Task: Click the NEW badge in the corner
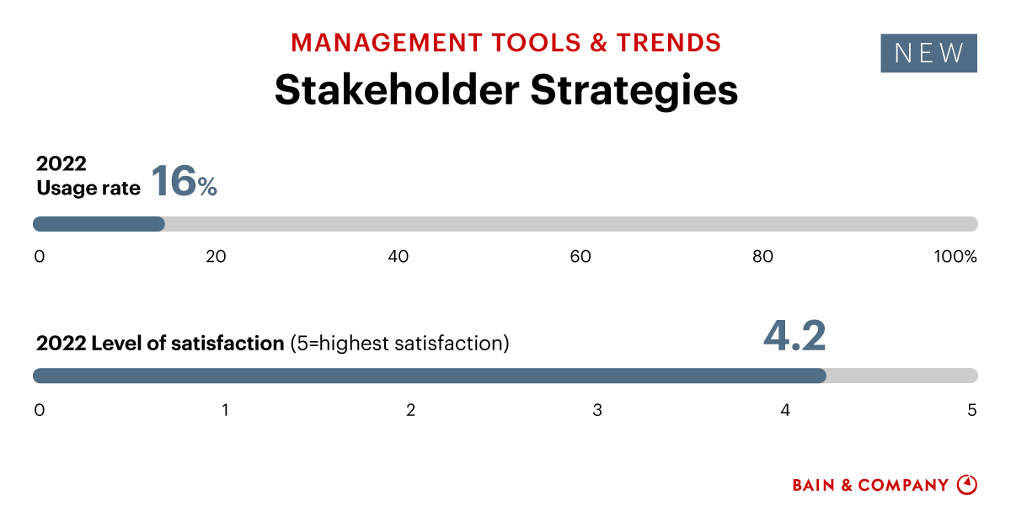[x=928, y=53]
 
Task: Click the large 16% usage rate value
[x=184, y=181]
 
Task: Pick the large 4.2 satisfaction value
[x=794, y=335]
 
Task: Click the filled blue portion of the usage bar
[x=99, y=224]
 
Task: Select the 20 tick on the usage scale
[x=216, y=257]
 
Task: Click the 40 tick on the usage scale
[x=398, y=257]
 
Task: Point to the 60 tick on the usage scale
[x=580, y=257]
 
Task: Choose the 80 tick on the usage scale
[x=762, y=257]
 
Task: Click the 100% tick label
[x=955, y=257]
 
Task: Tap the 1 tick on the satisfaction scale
[x=225, y=410]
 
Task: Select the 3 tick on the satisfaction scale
[x=597, y=410]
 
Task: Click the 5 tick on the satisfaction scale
[x=971, y=410]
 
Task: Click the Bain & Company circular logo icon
[x=967, y=485]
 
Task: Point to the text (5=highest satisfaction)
[x=399, y=344]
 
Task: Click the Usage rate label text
[x=88, y=189]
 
